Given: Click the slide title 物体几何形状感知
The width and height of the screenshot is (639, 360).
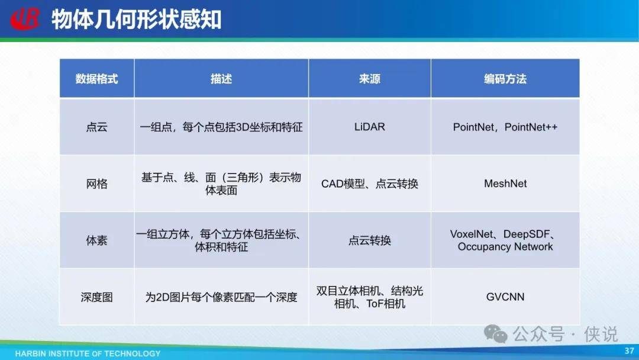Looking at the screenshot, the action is (x=137, y=19).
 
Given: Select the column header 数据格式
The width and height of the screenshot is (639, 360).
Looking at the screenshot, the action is (x=96, y=79).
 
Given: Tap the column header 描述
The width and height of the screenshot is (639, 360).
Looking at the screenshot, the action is (x=221, y=79).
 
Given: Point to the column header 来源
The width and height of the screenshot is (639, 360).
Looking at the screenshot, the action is (x=370, y=79).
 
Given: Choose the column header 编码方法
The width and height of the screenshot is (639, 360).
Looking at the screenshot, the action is (x=505, y=79).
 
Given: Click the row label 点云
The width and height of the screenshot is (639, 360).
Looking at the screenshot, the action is (x=96, y=127).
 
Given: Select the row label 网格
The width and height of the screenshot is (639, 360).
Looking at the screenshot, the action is (x=96, y=184).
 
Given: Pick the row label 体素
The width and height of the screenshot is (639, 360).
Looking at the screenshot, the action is (x=96, y=240).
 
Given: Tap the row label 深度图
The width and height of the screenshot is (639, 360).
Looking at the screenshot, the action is (x=96, y=297).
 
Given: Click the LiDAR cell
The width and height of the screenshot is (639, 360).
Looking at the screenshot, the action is (x=370, y=127).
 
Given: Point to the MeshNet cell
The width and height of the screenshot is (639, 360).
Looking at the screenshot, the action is (x=505, y=184).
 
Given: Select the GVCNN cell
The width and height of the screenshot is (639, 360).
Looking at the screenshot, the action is (x=505, y=297).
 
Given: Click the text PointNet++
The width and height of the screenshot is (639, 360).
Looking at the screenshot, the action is (x=531, y=127).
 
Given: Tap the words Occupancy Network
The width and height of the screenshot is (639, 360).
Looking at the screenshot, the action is (x=505, y=247).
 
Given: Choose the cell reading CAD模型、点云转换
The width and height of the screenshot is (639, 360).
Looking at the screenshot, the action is (x=370, y=184).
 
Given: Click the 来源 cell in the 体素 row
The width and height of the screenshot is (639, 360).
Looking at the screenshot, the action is (x=370, y=240).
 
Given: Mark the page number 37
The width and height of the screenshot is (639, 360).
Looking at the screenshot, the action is (x=629, y=351).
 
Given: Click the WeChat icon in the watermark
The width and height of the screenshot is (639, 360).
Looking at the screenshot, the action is (x=496, y=334).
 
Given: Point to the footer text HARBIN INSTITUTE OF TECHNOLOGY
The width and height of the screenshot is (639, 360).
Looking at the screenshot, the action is (x=88, y=353).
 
